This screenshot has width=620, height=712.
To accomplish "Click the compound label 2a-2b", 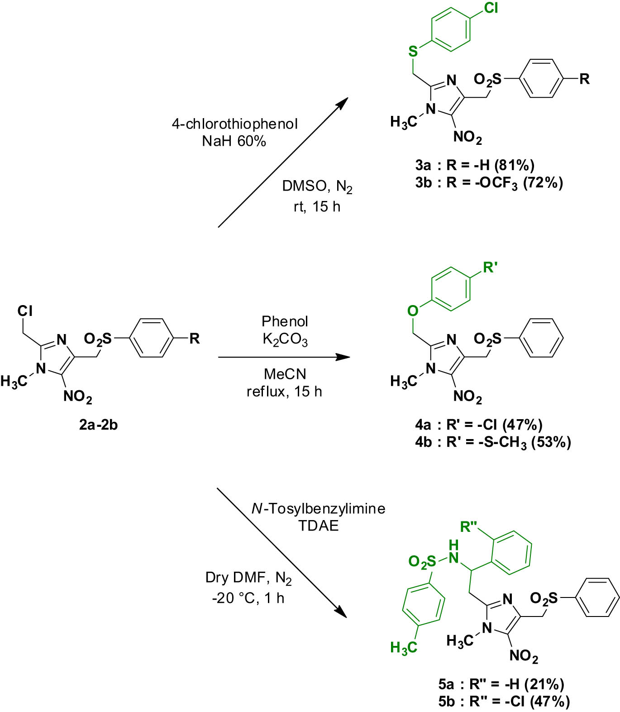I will coord(98,425).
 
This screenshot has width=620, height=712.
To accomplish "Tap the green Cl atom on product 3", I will coord(491,8).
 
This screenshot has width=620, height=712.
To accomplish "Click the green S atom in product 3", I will coord(413,51).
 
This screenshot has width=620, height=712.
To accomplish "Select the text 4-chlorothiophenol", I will coord(234,124).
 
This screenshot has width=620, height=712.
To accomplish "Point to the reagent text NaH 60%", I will coord(234,141).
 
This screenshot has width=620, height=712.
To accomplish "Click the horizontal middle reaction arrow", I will coord(284,357).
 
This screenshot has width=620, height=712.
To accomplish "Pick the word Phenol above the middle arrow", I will coord(285,321).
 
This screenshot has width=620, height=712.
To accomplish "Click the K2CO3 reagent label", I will coord(285,339).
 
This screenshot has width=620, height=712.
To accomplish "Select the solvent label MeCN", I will coord(285,374).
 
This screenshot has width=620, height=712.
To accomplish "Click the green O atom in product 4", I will coord(412,311).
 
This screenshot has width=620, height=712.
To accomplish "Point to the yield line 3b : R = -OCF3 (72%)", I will coord(489,182).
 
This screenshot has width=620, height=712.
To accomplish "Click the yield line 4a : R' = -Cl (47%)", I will coord(478,425).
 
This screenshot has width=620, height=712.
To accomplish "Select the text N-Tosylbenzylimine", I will coord(318,508).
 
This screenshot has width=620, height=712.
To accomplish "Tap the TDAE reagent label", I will coord(318,526).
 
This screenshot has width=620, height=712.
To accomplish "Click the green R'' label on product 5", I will coord(472,526).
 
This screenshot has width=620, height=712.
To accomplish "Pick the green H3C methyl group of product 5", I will coord(403,648).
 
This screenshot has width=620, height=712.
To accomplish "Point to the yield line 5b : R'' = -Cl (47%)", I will coord(504,701).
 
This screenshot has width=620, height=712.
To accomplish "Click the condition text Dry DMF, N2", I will coord(248,578).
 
